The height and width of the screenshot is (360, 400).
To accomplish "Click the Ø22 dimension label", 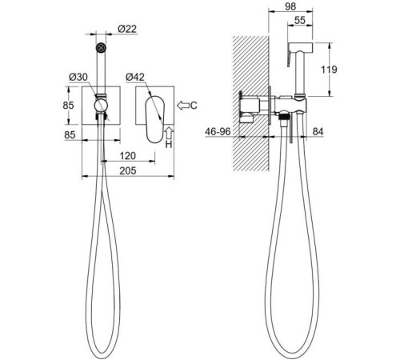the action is [x=127, y=29].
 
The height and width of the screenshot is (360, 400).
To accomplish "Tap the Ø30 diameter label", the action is [x=78, y=77].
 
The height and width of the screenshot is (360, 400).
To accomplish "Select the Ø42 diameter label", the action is [x=135, y=77].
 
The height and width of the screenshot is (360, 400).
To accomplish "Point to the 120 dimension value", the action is [x=127, y=156].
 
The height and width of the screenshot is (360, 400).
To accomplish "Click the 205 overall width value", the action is [x=128, y=170].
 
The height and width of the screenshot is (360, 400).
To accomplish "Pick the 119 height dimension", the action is [x=329, y=70].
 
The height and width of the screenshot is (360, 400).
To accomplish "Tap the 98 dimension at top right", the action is [x=290, y=6].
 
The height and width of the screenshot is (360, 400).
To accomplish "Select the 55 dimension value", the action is [x=300, y=20].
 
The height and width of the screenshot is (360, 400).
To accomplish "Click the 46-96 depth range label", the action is [x=218, y=131].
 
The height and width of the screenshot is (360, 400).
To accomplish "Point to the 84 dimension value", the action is [x=318, y=131].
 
